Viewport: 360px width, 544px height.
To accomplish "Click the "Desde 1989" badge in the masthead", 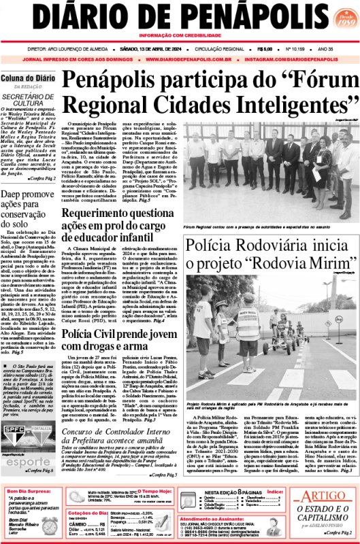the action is (340, 16).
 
